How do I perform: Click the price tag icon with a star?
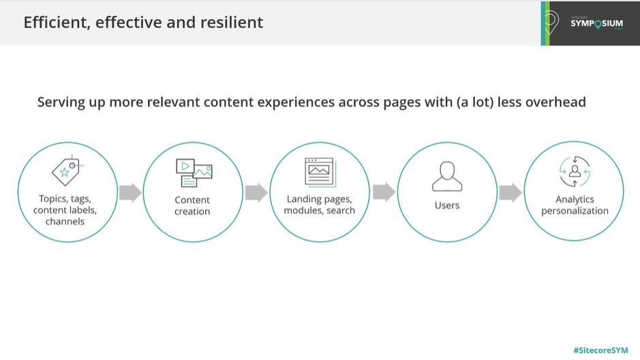point(67,170)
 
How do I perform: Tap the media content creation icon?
point(194,172)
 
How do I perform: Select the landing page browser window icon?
point(320,172)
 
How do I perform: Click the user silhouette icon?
point(447,177)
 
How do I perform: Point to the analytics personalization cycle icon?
point(575,171)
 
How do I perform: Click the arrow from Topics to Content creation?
point(131,192)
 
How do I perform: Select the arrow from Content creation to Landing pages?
point(256,192)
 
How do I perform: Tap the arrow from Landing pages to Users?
point(384,192)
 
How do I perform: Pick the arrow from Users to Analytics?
point(511,192)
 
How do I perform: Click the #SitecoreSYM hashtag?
point(600,350)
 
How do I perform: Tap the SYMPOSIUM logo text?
point(597,24)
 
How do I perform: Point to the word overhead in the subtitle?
point(555,102)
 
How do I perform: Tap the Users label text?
point(447,205)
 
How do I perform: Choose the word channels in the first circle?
point(65,221)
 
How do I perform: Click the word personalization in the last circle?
point(575,211)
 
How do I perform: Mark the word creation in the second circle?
point(192,211)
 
